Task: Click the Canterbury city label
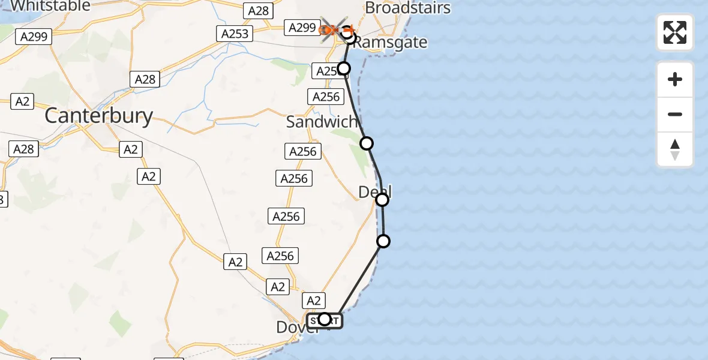[99, 116]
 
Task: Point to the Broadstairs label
[407, 8]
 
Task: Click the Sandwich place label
[322, 122]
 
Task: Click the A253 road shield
[235, 34]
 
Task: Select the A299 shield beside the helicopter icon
[302, 27]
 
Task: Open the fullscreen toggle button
[675, 32]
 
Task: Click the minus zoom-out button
[675, 115]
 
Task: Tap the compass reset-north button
[675, 149]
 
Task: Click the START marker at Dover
[325, 320]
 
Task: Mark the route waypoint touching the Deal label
[382, 199]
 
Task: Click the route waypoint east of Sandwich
[367, 143]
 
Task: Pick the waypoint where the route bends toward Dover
[383, 241]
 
